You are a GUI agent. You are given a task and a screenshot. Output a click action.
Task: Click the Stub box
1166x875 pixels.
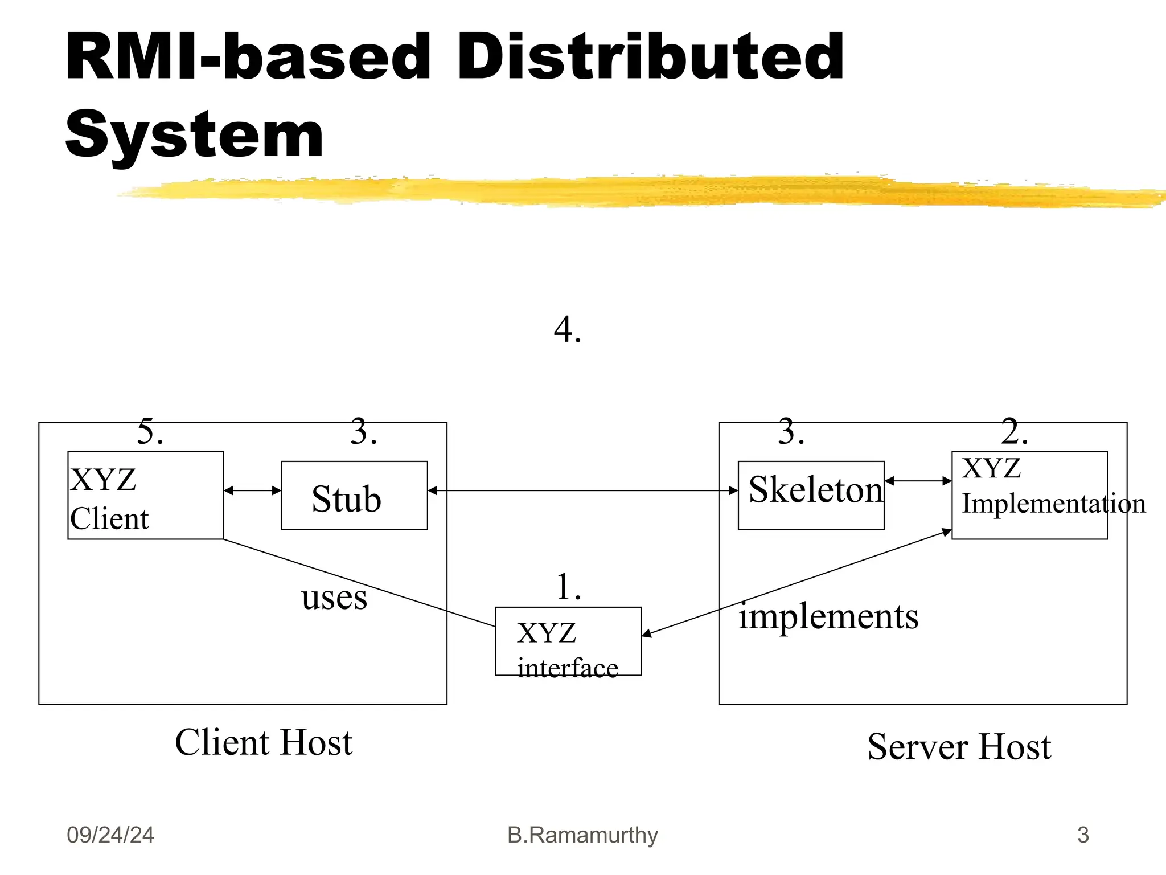tap(354, 496)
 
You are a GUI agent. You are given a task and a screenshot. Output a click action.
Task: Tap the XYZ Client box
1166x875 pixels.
tap(145, 495)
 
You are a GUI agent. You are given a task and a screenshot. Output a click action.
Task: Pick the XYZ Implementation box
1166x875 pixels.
tap(1029, 495)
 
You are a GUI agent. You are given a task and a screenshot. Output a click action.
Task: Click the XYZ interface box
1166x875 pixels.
tap(568, 641)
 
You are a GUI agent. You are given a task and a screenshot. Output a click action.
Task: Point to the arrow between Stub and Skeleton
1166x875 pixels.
tap(582, 490)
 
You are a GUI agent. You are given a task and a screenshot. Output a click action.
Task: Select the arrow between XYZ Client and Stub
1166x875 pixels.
tap(252, 490)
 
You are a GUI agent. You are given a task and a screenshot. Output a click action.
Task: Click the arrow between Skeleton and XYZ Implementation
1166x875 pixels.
tap(918, 481)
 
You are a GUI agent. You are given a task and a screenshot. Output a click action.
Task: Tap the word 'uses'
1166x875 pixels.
tap(334, 598)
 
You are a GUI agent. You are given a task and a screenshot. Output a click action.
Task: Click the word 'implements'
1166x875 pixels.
tap(828, 617)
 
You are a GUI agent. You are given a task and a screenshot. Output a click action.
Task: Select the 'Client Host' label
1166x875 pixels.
tap(264, 743)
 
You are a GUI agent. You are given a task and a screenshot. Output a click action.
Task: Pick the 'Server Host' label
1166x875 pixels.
tap(959, 747)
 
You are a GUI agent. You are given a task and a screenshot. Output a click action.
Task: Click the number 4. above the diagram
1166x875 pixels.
tap(567, 330)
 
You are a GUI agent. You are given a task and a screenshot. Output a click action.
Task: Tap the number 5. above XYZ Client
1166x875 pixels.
tap(150, 432)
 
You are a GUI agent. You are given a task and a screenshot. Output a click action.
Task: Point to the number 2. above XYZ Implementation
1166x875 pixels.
tap(1015, 432)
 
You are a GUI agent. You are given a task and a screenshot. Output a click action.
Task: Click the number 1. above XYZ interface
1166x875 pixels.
tap(568, 587)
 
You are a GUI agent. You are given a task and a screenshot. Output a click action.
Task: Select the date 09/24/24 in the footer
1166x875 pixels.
tap(110, 835)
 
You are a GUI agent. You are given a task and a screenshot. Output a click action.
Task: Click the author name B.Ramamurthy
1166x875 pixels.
tap(582, 835)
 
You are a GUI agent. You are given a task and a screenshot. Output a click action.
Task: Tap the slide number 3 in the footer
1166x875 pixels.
tap(1082, 835)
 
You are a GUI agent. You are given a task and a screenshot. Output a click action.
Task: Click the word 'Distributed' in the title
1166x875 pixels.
tap(650, 57)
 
